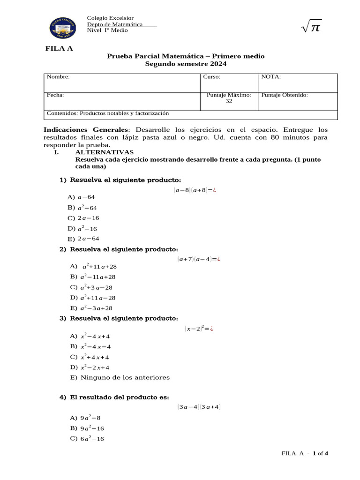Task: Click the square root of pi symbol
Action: (x=311, y=29)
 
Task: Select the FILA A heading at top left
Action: (x=59, y=48)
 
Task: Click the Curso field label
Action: (x=211, y=77)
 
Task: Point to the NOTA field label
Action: (x=271, y=77)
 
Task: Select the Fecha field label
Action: (x=55, y=95)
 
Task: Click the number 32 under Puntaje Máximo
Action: (x=229, y=102)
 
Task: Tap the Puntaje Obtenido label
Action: (x=285, y=95)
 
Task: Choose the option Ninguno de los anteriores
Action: (x=120, y=377)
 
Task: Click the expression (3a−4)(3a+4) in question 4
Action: (x=199, y=407)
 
